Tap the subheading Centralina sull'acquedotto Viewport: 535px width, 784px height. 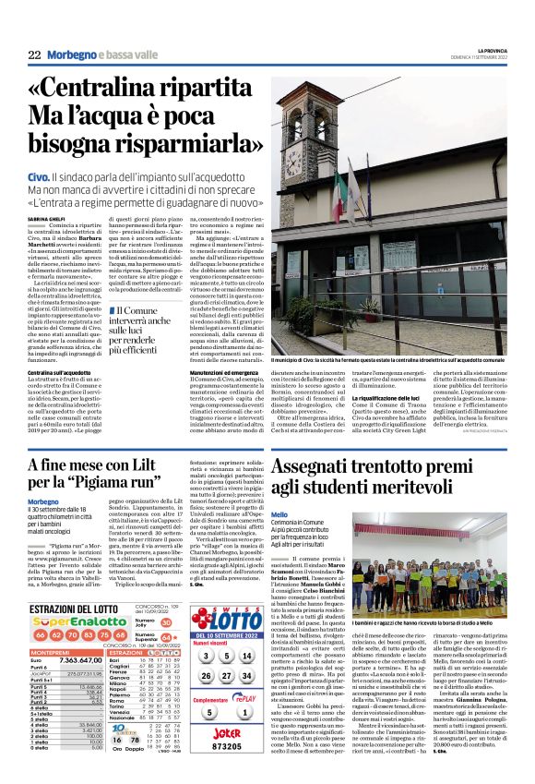click(x=61, y=372)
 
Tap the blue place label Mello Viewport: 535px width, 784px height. click(x=279, y=513)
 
